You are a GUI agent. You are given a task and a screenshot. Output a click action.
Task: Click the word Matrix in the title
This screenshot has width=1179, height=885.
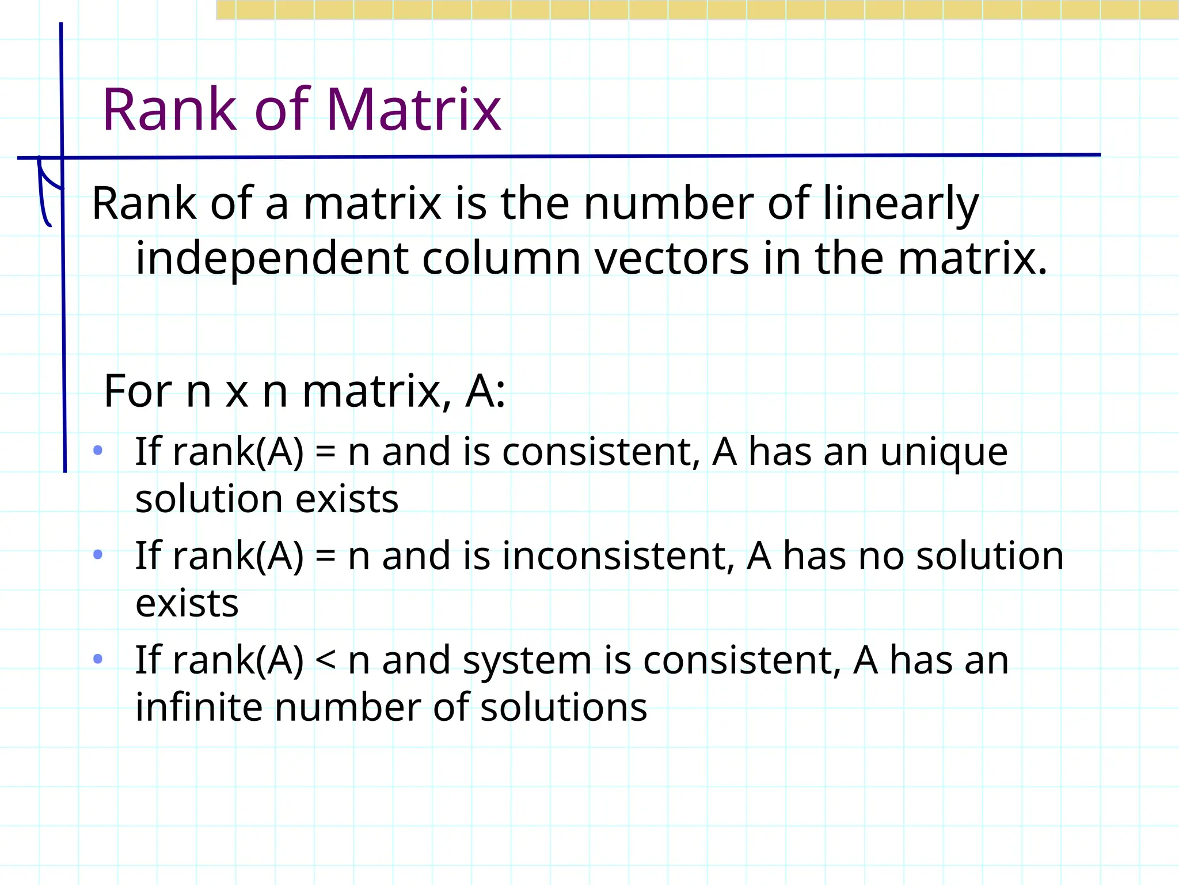(414, 109)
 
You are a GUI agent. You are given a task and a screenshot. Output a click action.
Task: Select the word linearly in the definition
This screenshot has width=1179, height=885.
(900, 205)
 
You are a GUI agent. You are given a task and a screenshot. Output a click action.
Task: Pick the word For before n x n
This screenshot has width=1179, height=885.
(138, 391)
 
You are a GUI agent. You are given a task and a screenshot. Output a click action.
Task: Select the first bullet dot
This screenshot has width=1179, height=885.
(98, 450)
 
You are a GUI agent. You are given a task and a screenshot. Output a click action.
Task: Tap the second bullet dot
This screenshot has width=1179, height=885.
(98, 554)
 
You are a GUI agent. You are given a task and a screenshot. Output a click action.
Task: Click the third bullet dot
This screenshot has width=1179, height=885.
(98, 658)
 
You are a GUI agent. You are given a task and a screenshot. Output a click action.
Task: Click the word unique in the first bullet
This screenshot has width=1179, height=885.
(944, 453)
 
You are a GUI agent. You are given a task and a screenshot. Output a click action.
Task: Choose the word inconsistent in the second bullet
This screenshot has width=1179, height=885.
(618, 557)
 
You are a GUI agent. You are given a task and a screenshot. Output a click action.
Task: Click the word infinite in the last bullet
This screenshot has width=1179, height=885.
(198, 708)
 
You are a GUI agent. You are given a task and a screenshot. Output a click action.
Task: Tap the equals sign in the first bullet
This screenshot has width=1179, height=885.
(326, 453)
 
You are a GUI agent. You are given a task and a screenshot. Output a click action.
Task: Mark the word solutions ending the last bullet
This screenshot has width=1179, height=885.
(564, 708)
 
